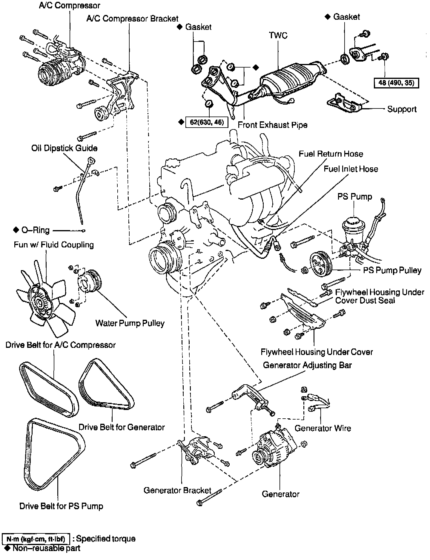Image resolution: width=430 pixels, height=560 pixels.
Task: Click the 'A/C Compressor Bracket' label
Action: tap(132, 19)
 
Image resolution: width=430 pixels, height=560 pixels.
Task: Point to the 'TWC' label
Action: tap(278, 35)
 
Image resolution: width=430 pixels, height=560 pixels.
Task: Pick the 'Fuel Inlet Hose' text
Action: tap(351, 169)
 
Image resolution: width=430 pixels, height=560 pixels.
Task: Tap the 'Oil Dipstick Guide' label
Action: tap(64, 148)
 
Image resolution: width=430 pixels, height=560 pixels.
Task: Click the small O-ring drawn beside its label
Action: tap(84, 231)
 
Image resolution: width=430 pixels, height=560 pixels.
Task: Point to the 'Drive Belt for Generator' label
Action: tap(122, 427)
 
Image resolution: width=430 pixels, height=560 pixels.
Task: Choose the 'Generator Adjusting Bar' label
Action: tap(307, 365)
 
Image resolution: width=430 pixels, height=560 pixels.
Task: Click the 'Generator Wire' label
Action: tap(322, 428)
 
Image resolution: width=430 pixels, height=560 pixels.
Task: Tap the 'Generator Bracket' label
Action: tap(177, 490)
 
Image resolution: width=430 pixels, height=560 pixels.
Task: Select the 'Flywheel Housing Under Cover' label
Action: tap(317, 352)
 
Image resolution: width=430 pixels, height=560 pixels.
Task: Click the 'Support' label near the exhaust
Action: tap(402, 109)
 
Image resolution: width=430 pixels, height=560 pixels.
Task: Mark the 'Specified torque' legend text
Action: tap(105, 539)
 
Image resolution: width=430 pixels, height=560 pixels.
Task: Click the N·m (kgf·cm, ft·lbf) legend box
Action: tap(36, 539)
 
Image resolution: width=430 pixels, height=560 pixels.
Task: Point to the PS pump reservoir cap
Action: tap(354, 221)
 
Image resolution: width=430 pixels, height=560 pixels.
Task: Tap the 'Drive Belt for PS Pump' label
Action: tap(61, 506)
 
